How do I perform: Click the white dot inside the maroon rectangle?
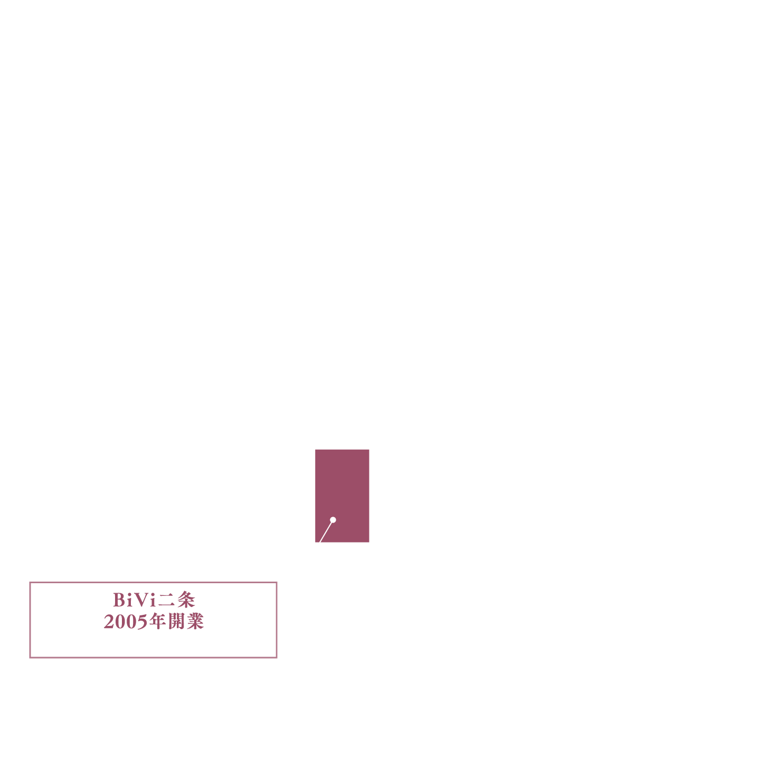pyautogui.click(x=333, y=520)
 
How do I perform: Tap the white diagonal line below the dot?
pyautogui.click(x=326, y=531)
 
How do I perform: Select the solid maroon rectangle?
pyautogui.click(x=342, y=496)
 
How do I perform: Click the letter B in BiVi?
pyautogui.click(x=119, y=600)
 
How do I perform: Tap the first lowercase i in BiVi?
pyautogui.click(x=129, y=600)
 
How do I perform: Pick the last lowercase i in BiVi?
pyautogui.click(x=153, y=600)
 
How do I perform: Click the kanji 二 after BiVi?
pyautogui.click(x=166, y=600)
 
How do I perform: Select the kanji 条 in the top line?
pyautogui.click(x=186, y=600)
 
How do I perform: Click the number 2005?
pyautogui.click(x=126, y=622)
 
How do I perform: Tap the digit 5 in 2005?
pyautogui.click(x=142, y=622)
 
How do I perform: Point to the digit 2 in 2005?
pyautogui.click(x=109, y=622)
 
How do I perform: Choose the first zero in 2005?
pyautogui.click(x=120, y=622)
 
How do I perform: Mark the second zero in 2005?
pyautogui.click(x=131, y=622)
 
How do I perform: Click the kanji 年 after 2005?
pyautogui.click(x=157, y=621)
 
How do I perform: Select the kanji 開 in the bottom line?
pyautogui.click(x=177, y=621)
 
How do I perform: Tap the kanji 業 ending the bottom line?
pyautogui.click(x=195, y=621)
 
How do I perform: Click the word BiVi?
pyautogui.click(x=135, y=600)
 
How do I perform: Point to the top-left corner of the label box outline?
pyautogui.click(x=30, y=582)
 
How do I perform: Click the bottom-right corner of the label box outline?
pyautogui.click(x=277, y=658)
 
